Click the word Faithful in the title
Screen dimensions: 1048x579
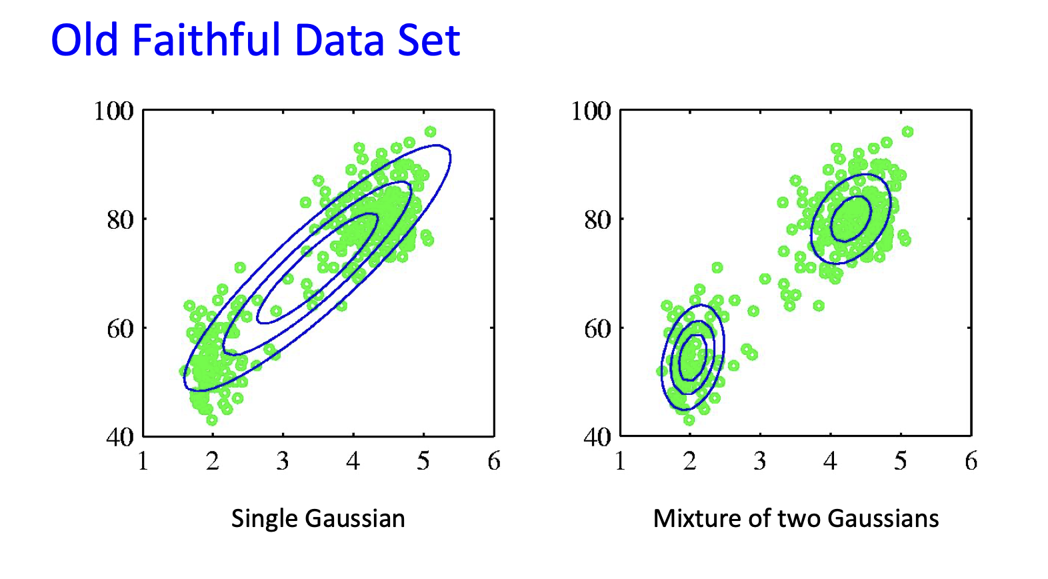(206, 39)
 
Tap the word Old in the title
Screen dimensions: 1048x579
(84, 39)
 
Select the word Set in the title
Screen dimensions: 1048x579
(429, 40)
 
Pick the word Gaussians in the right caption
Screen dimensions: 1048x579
(883, 518)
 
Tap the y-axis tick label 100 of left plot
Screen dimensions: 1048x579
(114, 111)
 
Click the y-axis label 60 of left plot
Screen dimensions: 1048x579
(120, 329)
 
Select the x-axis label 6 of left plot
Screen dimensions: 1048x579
(494, 461)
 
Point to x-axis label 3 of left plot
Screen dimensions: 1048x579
(283, 461)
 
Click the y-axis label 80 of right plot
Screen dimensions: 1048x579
(597, 219)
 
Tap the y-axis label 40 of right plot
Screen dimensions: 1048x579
(597, 437)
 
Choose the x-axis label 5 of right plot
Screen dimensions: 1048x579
(901, 461)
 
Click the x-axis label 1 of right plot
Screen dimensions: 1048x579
(621, 461)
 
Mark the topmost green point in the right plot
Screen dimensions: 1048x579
(907, 132)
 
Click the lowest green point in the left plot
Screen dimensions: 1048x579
(212, 420)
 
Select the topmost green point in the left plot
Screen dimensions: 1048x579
(431, 132)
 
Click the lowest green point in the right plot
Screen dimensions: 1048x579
(689, 420)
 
